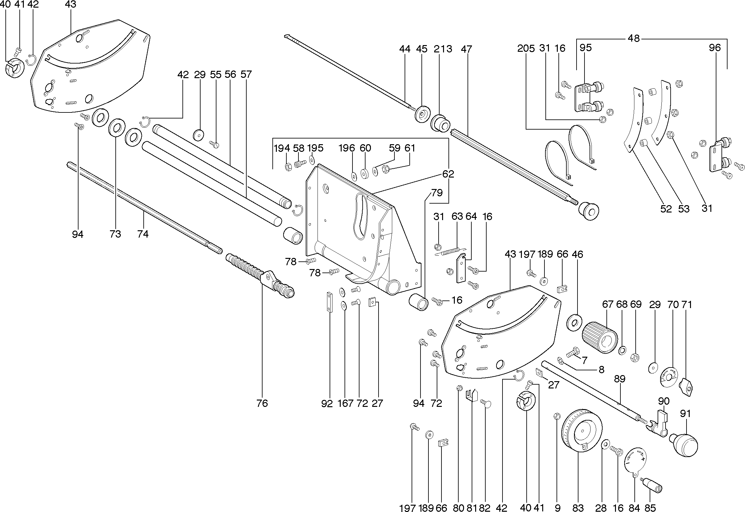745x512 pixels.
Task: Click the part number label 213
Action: [443, 49]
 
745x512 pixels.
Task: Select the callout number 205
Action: [526, 49]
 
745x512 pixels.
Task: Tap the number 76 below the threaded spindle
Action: [262, 403]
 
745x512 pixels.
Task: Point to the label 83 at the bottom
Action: [578, 508]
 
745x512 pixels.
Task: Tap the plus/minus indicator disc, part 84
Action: [635, 462]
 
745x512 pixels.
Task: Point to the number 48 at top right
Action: [634, 38]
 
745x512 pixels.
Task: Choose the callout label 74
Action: [143, 234]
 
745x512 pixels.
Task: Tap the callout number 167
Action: [345, 403]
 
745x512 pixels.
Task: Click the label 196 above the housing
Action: [347, 148]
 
